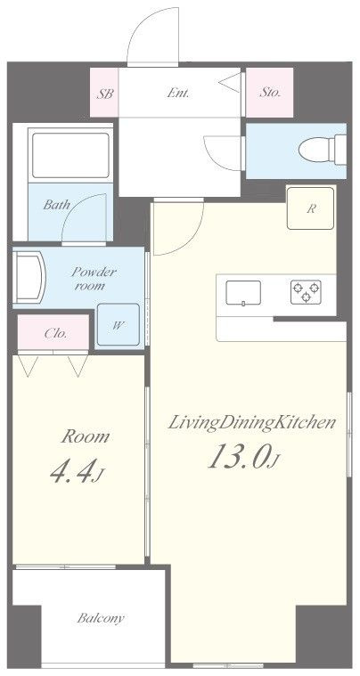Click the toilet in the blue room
[x=323, y=150]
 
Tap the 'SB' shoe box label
[x=105, y=94]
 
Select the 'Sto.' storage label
[x=270, y=93]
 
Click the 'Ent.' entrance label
[x=177, y=93]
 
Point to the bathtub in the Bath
[x=70, y=155]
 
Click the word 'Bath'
[x=56, y=204]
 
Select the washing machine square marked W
[x=118, y=324]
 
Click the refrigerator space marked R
[x=310, y=208]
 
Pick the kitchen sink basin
[x=243, y=293]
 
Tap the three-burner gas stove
[x=306, y=292]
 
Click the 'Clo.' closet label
[x=55, y=333]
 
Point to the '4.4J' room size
[x=78, y=472]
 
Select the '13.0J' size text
[x=243, y=458]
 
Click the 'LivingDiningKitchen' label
[x=251, y=423]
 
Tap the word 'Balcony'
[x=101, y=618]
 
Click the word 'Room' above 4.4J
[x=85, y=437]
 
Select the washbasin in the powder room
[x=29, y=278]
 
